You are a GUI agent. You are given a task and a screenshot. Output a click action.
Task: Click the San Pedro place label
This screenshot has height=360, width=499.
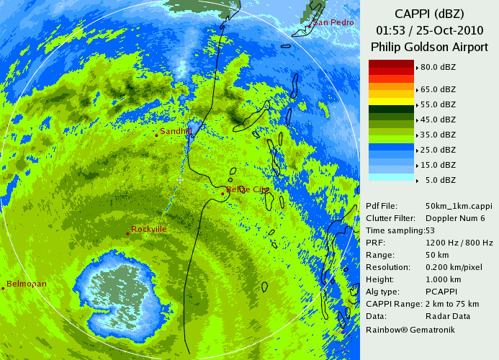tap(333, 23)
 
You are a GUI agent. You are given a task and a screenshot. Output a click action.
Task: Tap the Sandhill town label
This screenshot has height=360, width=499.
tap(176, 132)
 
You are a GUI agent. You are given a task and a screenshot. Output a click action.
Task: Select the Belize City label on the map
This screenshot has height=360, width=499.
tap(248, 190)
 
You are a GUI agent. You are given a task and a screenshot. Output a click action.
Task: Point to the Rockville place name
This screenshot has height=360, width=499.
tap(149, 229)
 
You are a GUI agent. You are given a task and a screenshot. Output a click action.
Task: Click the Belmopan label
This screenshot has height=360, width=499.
tap(27, 284)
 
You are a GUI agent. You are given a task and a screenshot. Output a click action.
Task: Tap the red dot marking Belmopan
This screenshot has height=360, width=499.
tap(4, 288)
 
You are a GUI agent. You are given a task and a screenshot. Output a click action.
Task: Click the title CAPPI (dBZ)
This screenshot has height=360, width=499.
tap(428, 14)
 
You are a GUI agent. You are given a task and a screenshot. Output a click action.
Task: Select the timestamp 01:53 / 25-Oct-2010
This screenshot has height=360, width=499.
tap(428, 30)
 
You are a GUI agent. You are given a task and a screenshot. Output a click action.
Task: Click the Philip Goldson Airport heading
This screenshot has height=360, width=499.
tap(428, 47)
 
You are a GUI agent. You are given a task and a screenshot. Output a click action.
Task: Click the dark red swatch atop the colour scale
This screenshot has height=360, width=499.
tap(391, 64)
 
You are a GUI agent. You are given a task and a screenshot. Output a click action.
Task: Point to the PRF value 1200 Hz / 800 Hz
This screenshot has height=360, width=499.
tap(459, 243)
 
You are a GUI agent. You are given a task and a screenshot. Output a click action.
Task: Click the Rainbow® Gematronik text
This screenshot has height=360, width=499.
tap(410, 329)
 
